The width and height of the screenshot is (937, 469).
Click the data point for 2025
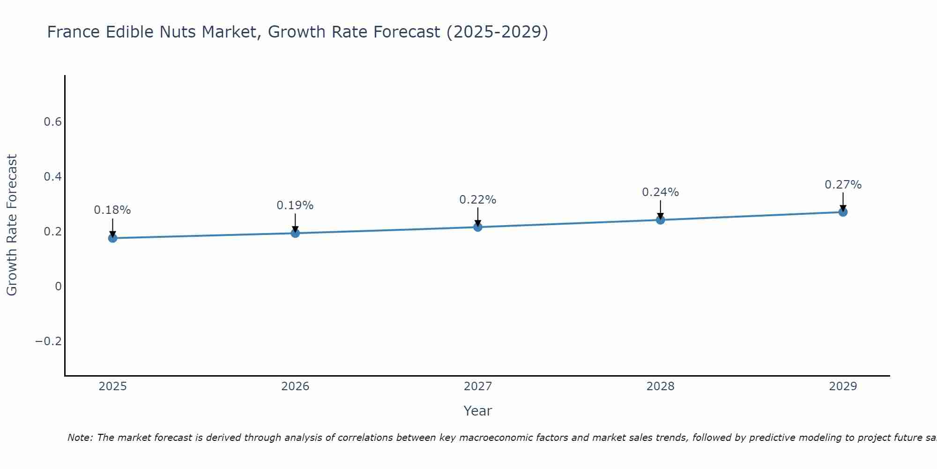[112, 238]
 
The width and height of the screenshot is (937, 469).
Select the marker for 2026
[295, 233]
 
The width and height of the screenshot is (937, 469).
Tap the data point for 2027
[478, 227]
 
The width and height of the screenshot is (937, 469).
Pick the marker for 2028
[661, 219]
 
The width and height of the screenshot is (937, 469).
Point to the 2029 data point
[843, 212]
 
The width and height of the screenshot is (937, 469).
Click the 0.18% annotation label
[112, 210]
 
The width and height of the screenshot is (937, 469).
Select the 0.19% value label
[295, 205]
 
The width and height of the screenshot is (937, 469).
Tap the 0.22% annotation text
[478, 200]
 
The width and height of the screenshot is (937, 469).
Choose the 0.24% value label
[661, 192]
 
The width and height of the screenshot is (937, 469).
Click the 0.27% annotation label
[843, 185]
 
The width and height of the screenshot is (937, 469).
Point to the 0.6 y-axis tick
[52, 122]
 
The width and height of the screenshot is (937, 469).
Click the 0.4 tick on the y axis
[52, 177]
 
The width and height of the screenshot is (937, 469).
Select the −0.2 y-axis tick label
[48, 341]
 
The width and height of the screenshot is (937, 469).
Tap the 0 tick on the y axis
[58, 286]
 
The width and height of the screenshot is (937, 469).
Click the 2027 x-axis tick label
[478, 386]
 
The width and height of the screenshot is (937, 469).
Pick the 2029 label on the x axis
[843, 386]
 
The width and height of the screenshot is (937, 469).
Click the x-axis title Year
[478, 411]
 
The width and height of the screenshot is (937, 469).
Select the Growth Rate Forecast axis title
[12, 225]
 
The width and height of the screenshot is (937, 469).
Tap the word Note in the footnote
[80, 438]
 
